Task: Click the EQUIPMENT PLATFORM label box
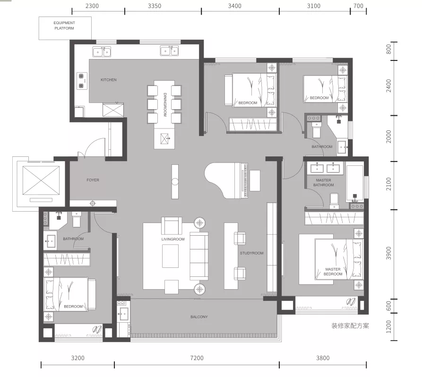(65, 28)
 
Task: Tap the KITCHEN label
(109, 80)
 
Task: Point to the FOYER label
(93, 180)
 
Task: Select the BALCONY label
(199, 317)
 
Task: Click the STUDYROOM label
(251, 253)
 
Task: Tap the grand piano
(226, 180)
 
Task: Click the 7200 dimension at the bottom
(197, 358)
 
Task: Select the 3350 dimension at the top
(155, 6)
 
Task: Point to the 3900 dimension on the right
(388, 253)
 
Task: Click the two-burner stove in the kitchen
(81, 81)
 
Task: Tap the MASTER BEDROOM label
(333, 272)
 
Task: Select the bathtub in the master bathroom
(355, 183)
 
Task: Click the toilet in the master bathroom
(334, 200)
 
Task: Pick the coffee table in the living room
(170, 256)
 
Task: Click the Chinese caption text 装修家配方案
(350, 326)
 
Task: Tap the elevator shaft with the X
(41, 180)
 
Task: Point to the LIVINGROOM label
(173, 239)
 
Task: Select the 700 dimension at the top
(358, 6)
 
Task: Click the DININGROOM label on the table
(165, 105)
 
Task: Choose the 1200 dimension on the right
(388, 326)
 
